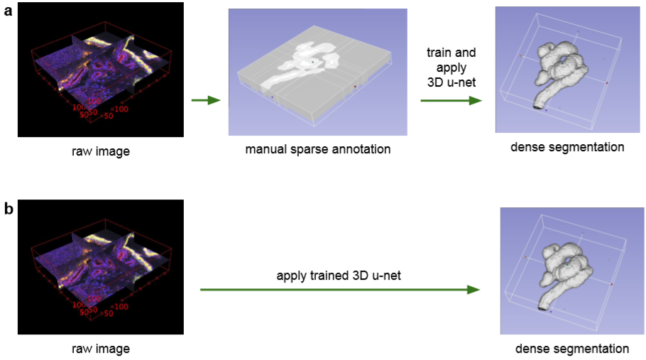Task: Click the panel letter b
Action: point(7,211)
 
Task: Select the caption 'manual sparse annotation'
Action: point(317,150)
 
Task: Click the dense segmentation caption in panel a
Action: point(566,148)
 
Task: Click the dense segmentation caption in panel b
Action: point(571,349)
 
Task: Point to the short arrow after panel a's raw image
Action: point(206,101)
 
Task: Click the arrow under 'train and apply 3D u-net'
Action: point(451,101)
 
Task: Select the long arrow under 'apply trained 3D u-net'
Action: point(339,290)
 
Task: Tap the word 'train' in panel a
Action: point(440,53)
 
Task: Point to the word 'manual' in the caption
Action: point(265,150)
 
